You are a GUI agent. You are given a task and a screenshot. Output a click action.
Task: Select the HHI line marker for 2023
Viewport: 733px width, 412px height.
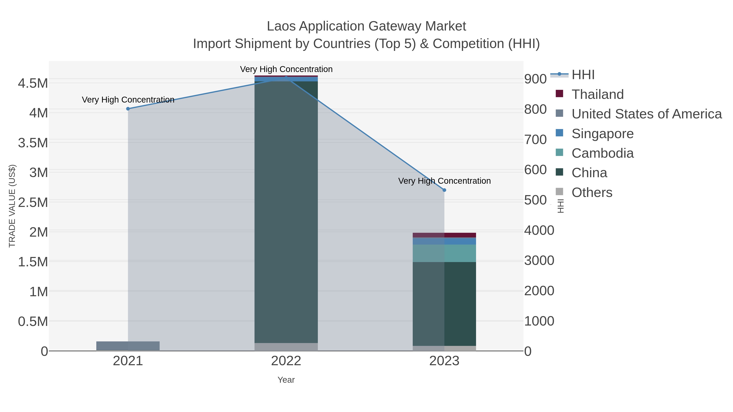444,190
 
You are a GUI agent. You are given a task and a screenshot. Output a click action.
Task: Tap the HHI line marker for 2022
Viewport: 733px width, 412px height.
286,78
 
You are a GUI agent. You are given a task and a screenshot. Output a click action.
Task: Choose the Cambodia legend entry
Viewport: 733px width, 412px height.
602,153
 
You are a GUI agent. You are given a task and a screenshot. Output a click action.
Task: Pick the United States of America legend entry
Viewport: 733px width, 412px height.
646,114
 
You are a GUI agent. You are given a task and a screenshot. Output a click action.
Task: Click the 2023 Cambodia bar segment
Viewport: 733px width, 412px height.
444,253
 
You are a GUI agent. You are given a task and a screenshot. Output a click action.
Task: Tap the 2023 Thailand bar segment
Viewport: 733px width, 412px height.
444,235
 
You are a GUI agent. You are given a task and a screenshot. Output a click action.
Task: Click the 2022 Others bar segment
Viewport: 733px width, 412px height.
286,347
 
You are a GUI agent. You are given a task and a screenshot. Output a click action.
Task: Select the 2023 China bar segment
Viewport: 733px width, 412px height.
444,304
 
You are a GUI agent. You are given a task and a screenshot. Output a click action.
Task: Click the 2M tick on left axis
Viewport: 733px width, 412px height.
39,232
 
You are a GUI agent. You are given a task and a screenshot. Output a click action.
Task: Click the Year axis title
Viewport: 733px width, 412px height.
286,380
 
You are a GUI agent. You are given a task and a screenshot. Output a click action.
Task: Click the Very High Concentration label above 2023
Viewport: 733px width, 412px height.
444,181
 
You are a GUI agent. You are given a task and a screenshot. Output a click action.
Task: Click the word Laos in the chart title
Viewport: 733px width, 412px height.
281,26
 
